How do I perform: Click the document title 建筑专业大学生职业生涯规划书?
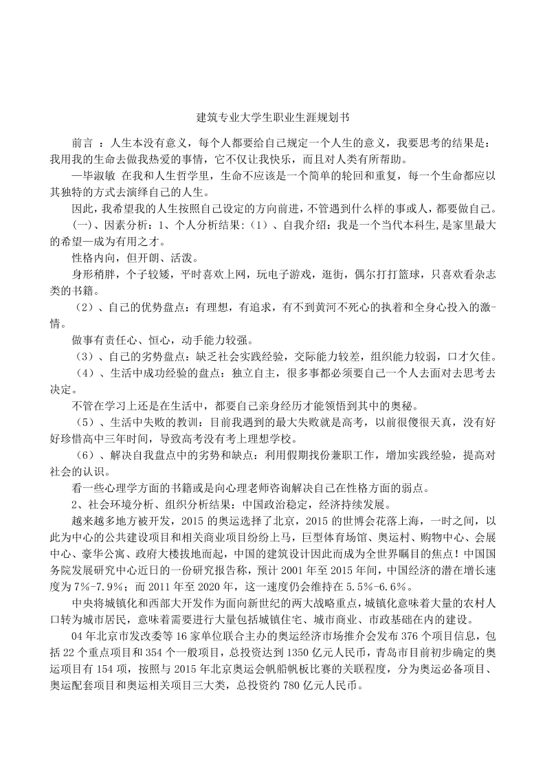click(x=272, y=118)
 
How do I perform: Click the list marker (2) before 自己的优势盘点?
click(x=87, y=309)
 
